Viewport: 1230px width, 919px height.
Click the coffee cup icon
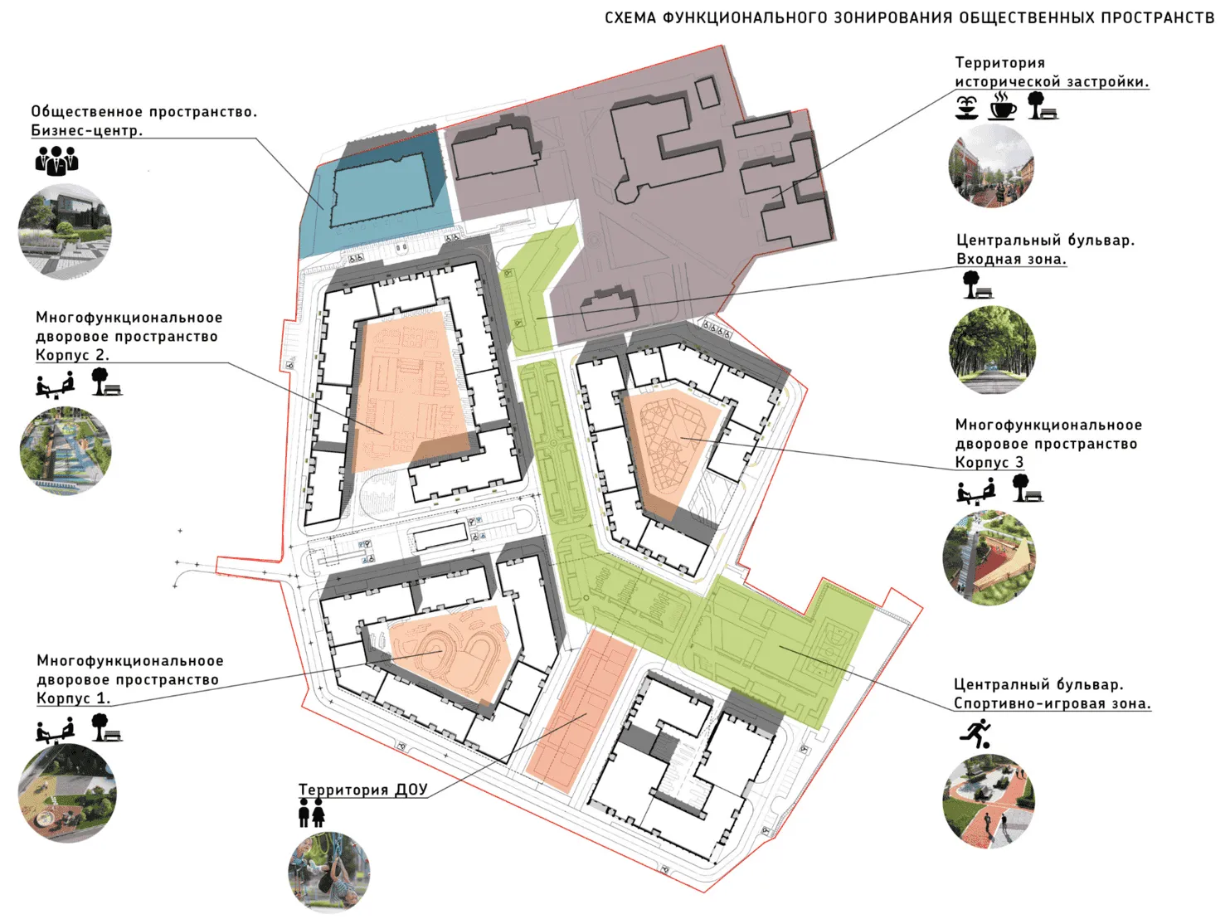click(1002, 105)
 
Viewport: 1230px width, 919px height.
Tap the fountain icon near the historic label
click(966, 107)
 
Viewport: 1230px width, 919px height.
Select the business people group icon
click(56, 161)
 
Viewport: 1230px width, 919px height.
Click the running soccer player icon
click(975, 733)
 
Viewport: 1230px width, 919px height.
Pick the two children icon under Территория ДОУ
click(312, 813)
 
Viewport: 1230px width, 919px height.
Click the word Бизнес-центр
click(87, 130)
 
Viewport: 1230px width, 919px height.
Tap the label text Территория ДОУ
click(363, 789)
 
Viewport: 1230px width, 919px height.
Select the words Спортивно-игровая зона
click(1052, 703)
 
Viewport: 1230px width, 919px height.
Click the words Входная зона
click(1011, 259)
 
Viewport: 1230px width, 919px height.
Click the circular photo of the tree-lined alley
click(992, 350)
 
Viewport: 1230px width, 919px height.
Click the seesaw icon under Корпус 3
click(975, 491)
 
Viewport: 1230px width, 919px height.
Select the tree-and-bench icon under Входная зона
click(977, 284)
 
